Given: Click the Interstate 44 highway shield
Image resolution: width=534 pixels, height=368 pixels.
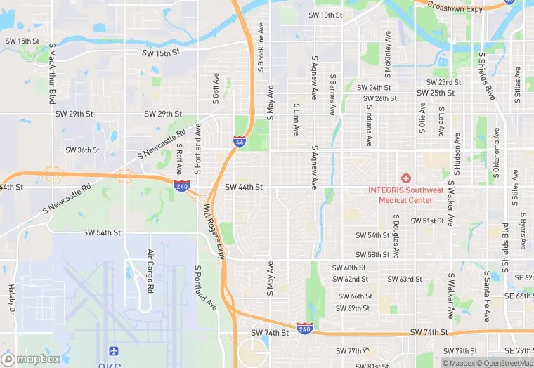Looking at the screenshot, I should click(240, 142).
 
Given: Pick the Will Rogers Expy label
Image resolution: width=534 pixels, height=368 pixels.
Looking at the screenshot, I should click(213, 230).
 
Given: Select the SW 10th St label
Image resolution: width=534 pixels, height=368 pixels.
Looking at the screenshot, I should click(325, 15).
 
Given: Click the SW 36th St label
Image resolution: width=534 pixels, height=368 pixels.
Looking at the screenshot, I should click(82, 150).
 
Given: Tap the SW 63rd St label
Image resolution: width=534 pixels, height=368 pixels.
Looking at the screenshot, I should click(405, 279).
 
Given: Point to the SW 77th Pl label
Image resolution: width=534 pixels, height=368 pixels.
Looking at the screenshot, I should click(353, 350).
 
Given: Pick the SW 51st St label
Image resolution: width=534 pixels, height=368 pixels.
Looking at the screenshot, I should click(428, 221).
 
